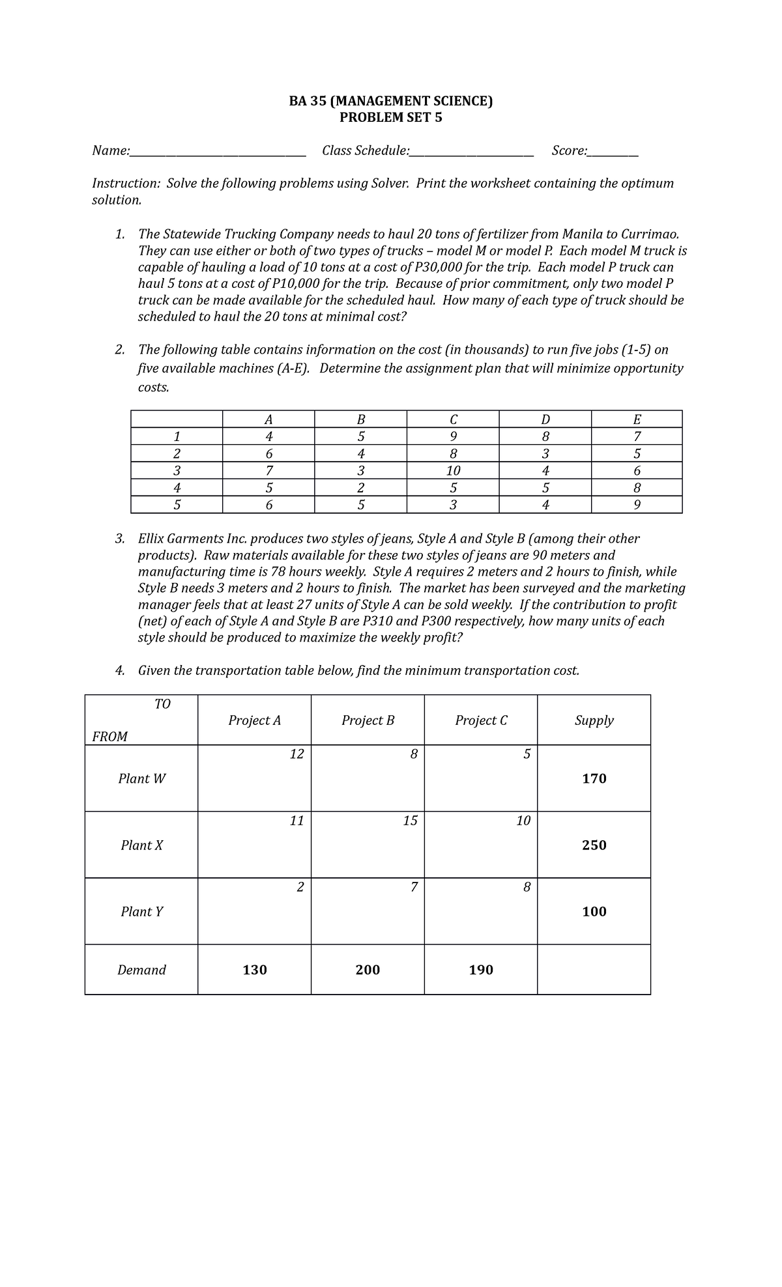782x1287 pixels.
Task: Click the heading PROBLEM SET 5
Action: [391, 118]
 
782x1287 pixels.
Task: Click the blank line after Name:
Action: [218, 152]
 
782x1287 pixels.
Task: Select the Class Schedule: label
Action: [366, 151]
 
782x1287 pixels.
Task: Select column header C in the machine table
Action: [453, 419]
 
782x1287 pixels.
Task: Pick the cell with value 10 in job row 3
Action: [453, 471]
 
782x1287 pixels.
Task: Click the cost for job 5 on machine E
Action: [637, 505]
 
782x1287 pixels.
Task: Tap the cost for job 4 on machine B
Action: [360, 488]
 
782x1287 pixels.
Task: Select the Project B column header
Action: [368, 720]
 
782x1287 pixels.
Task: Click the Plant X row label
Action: [141, 845]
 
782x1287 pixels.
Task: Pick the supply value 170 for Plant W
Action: [594, 779]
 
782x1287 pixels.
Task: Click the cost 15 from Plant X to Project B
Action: [409, 821]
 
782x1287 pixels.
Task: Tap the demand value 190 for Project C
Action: [481, 970]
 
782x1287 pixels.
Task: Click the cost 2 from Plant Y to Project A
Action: [300, 888]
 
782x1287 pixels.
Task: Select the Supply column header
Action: [594, 720]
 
